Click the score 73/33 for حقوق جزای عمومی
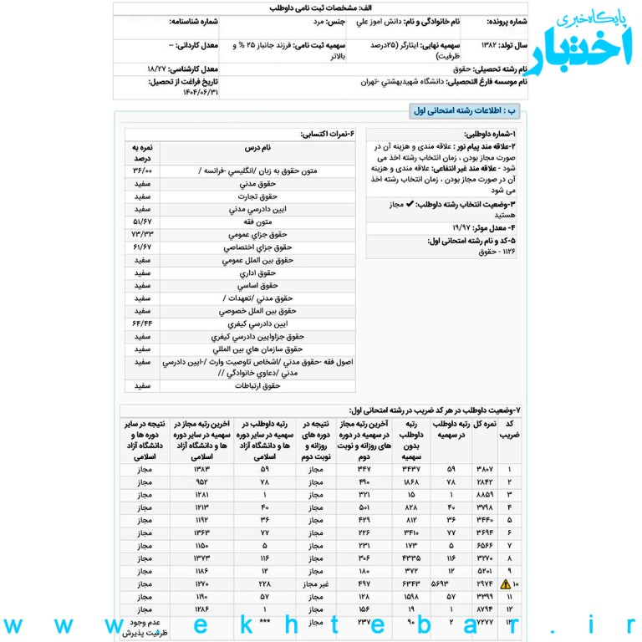[x=141, y=235]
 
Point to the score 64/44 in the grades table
[x=141, y=323]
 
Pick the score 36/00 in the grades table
[x=141, y=171]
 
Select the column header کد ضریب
[x=509, y=430]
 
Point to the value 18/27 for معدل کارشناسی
[x=156, y=69]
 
